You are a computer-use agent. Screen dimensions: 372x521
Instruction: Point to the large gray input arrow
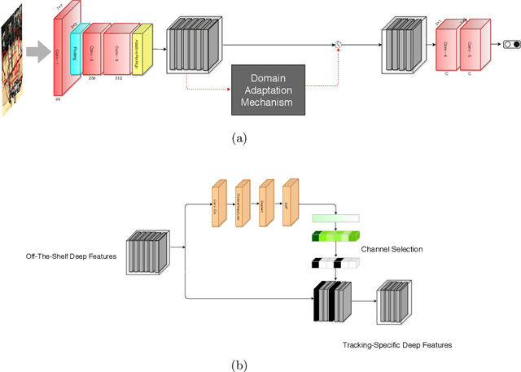click(37, 53)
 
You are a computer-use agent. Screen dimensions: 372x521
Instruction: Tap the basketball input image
click(12, 56)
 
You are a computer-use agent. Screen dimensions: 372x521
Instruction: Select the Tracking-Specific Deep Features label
click(397, 345)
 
